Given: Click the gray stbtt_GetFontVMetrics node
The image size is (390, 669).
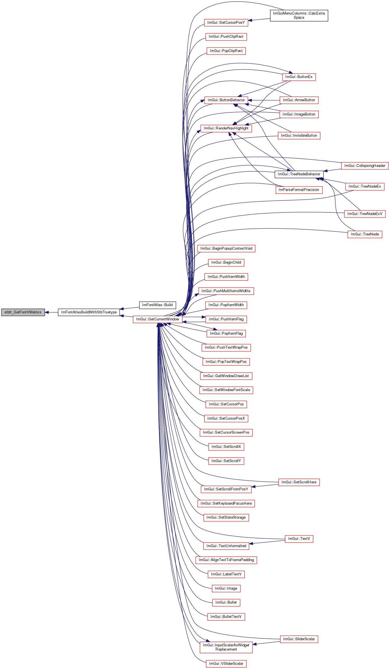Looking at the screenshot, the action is point(23,312).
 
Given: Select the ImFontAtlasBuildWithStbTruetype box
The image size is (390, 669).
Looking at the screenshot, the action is point(89,312).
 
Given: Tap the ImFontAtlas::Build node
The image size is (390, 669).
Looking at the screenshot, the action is point(157,305).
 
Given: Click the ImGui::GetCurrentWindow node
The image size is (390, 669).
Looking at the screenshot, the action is point(158,319).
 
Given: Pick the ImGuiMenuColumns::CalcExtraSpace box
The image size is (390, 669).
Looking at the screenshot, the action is point(299,15).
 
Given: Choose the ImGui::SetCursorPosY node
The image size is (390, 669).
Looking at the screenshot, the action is point(226,23).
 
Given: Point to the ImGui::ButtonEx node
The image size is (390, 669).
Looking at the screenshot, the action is point(299,77).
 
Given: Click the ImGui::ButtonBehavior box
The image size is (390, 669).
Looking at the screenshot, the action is point(226,100).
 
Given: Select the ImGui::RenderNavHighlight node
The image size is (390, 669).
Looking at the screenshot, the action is point(226,128).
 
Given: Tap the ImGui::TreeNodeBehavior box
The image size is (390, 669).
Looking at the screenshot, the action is point(299,174).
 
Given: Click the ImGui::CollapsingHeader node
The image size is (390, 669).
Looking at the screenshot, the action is point(365,166).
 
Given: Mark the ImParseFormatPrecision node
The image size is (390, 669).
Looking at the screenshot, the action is point(299,190).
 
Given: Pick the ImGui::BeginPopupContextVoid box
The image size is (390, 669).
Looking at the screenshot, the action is point(226,249).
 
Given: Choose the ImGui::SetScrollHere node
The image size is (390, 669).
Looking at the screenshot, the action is point(299,482).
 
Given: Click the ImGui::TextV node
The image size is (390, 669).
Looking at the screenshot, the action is point(299,539).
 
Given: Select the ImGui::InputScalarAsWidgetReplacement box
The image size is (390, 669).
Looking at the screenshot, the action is point(226,647).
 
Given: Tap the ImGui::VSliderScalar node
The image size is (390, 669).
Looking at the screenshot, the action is point(226,664).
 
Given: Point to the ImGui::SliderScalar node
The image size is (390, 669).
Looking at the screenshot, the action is point(299,639).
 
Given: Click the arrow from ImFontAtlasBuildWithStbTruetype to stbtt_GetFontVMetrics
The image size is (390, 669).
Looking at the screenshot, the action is point(51,312).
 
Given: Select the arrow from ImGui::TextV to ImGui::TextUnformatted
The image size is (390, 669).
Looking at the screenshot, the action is point(267,542).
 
